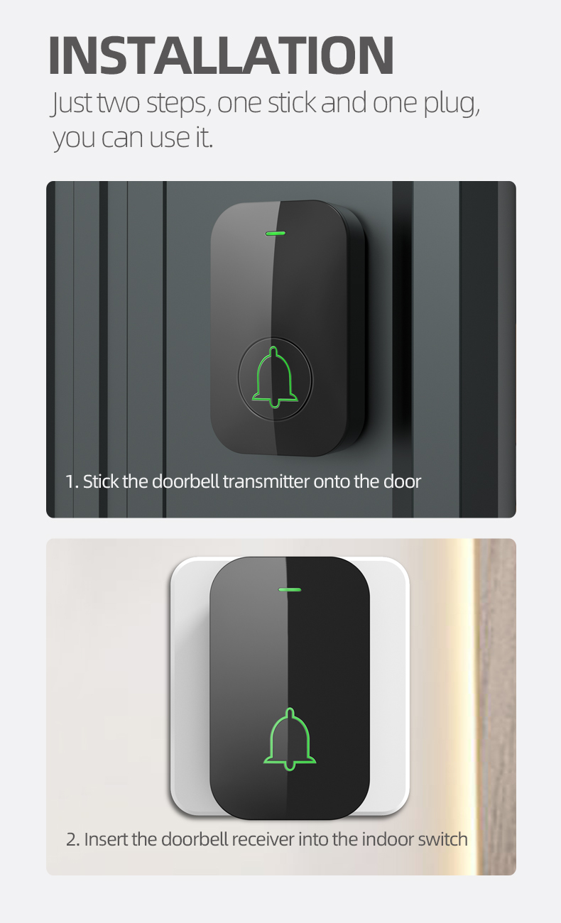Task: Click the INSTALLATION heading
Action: click(x=222, y=55)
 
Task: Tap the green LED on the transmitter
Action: click(x=276, y=233)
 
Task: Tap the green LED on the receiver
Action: click(x=289, y=589)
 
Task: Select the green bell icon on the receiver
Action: click(x=290, y=738)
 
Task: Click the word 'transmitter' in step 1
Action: click(x=266, y=481)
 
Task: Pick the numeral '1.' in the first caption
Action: click(x=72, y=481)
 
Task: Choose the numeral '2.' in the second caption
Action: click(x=73, y=840)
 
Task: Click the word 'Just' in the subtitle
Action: click(x=72, y=103)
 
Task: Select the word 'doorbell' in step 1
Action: click(x=185, y=481)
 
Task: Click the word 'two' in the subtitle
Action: click(x=119, y=103)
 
